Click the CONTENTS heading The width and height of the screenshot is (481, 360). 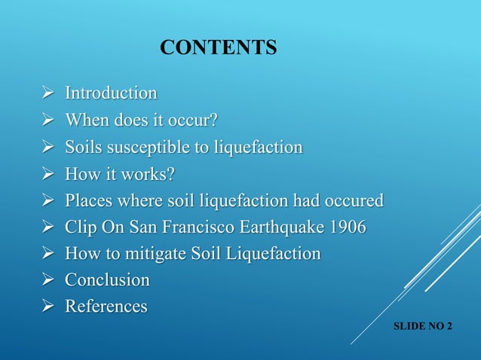coord(219,49)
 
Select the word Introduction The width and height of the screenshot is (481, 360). coord(111,93)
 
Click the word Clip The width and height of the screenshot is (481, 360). coord(81,227)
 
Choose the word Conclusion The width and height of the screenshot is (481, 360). coord(107,280)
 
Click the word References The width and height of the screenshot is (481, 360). coord(106,307)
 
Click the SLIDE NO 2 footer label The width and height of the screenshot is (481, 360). coord(429,328)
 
